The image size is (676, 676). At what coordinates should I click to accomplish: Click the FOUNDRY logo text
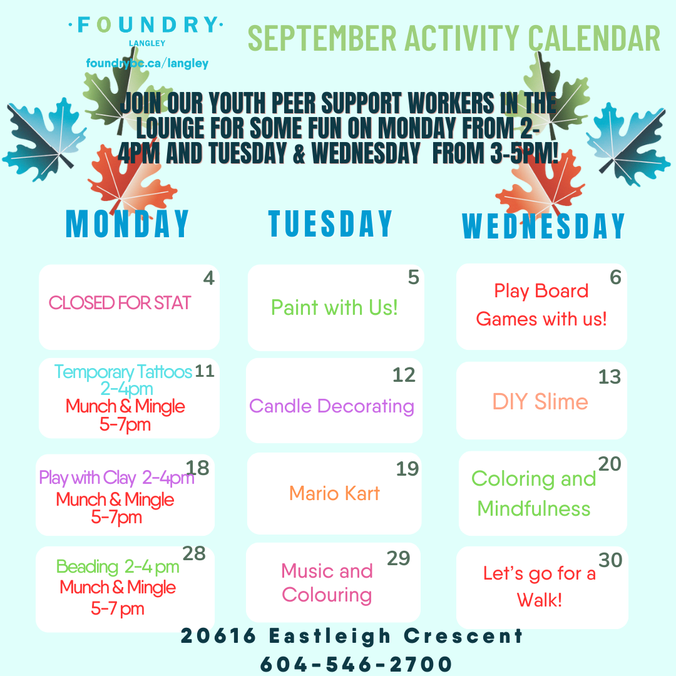(146, 25)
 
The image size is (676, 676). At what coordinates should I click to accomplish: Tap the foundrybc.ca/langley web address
(147, 63)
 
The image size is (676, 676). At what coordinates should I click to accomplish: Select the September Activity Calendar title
(454, 38)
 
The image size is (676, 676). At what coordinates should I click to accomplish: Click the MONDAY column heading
(127, 223)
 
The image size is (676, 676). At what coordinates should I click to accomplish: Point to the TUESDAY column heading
(330, 223)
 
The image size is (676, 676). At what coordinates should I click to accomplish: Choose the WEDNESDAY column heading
(543, 226)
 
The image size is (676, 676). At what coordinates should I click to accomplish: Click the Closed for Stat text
(120, 303)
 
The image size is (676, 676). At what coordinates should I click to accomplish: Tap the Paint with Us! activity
(334, 308)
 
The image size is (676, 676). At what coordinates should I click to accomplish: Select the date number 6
(616, 277)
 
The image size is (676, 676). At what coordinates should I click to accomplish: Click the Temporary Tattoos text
(123, 372)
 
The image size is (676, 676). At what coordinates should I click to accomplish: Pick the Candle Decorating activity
(332, 407)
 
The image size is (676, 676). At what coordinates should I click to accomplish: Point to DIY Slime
(540, 402)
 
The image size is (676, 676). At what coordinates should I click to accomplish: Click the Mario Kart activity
(334, 493)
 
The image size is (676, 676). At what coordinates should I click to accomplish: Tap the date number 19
(407, 469)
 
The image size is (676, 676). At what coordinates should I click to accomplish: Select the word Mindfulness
(534, 509)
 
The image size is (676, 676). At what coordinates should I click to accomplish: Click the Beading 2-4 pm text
(118, 567)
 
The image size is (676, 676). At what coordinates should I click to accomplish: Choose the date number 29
(398, 558)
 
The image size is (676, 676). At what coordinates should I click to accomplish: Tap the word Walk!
(540, 600)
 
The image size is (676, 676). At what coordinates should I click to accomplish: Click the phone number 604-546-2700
(356, 664)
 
